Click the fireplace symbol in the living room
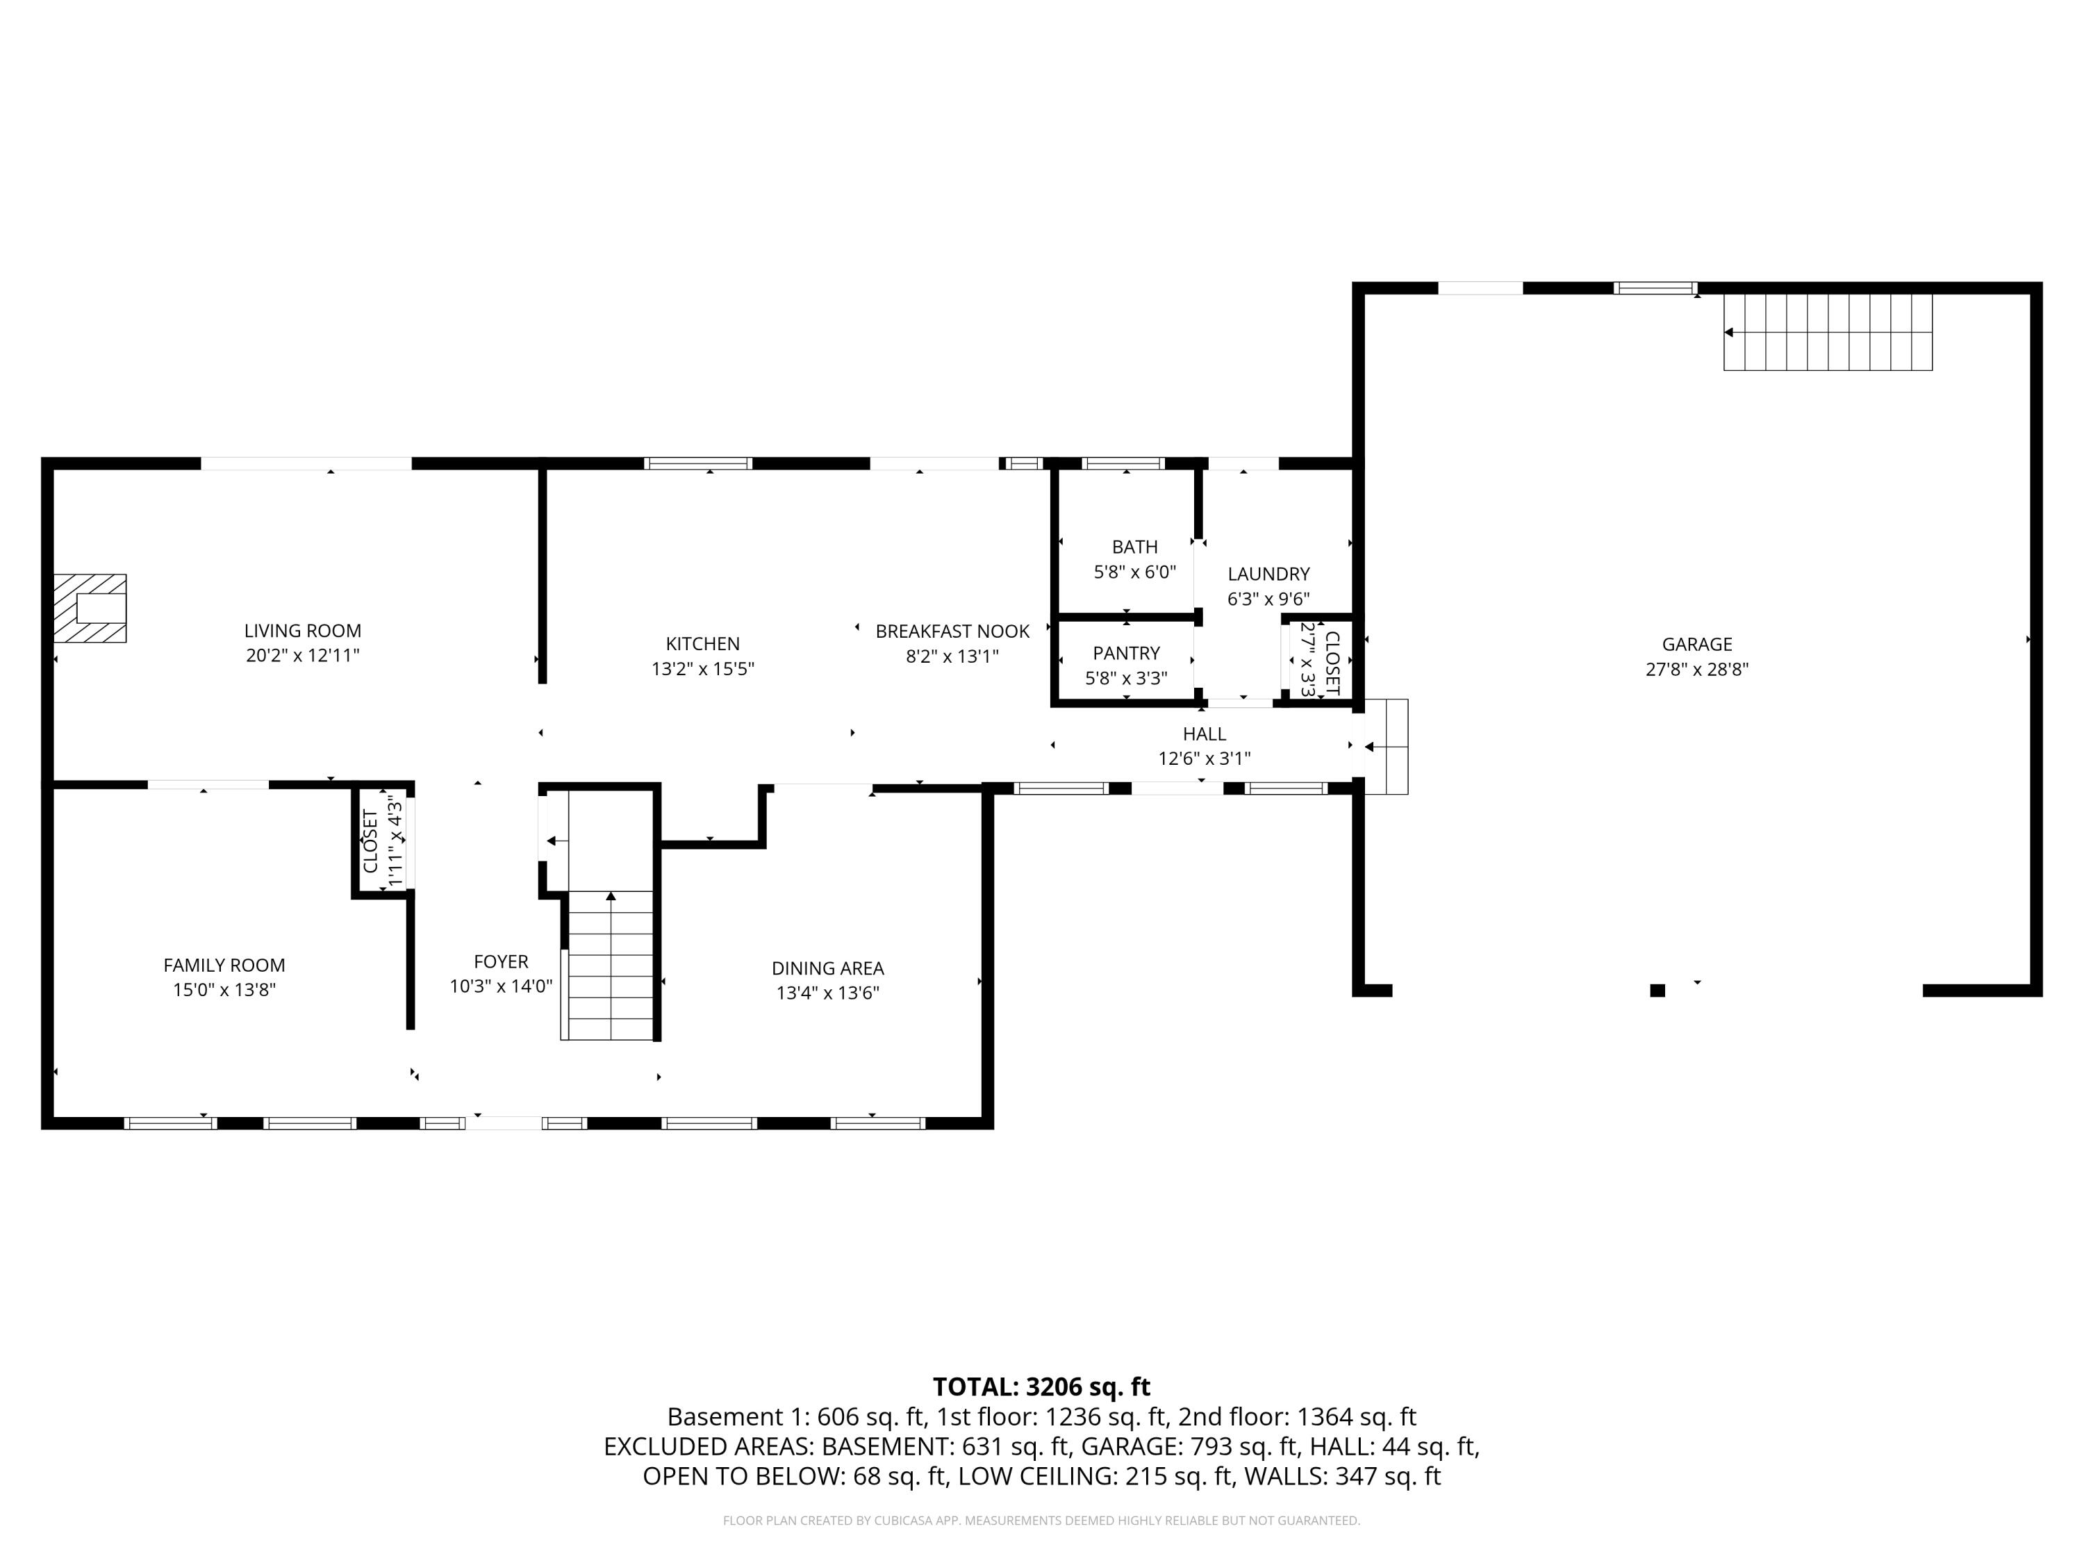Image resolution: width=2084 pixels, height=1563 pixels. pyautogui.click(x=90, y=609)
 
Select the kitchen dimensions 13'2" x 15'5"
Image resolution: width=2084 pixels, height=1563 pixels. pyautogui.click(x=703, y=670)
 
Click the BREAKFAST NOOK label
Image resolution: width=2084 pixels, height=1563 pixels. pyautogui.click(x=952, y=631)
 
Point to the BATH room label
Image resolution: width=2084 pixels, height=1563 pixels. pyautogui.click(x=1134, y=547)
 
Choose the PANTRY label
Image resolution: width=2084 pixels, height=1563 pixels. pyautogui.click(x=1126, y=654)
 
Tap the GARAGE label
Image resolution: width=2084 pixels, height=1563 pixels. pyautogui.click(x=1697, y=645)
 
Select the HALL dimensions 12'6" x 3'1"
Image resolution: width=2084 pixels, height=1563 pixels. pyautogui.click(x=1204, y=759)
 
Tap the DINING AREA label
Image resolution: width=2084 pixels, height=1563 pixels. pyautogui.click(x=827, y=968)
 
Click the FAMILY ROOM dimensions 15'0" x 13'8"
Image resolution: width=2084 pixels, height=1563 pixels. pyautogui.click(x=224, y=990)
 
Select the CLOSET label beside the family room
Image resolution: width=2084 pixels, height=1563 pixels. pyautogui.click(x=370, y=841)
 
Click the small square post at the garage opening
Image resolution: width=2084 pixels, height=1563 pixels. pyautogui.click(x=1657, y=990)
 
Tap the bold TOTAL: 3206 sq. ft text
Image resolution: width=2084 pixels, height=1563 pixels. pyautogui.click(x=1041, y=1387)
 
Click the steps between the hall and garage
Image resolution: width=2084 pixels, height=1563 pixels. pyautogui.click(x=1386, y=746)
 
